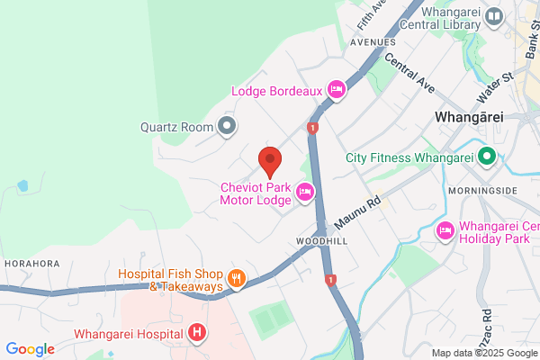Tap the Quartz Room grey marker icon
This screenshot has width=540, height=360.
coord(228,127)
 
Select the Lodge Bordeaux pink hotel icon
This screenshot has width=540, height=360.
coord(337,89)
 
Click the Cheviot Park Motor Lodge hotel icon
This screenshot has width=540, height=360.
coord(305,192)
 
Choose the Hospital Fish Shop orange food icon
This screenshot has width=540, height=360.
coord(236,279)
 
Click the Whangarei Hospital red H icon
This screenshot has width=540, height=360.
coord(197,333)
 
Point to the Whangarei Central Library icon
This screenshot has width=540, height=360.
coord(494,16)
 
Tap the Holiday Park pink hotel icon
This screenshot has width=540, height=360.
coord(445,231)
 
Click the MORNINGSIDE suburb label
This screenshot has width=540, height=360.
coord(487,192)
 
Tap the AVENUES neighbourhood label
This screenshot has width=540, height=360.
coord(372,42)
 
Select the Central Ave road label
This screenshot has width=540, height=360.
coord(409,72)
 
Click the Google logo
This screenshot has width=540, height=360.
coord(30,349)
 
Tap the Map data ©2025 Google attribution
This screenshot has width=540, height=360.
coord(481,352)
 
